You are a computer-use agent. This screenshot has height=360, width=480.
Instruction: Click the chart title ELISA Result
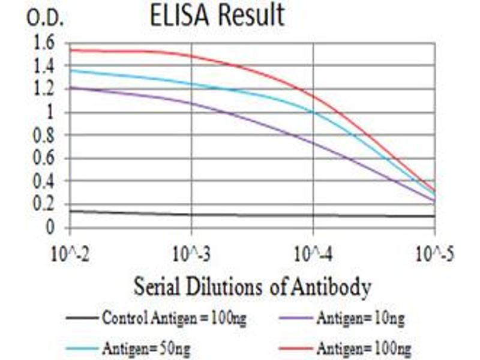click(217, 16)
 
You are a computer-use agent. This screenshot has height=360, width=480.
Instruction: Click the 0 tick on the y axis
click(50, 227)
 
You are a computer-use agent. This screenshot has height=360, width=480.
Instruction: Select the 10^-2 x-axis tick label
click(70, 254)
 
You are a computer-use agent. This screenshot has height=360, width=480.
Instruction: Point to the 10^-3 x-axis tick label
click(191, 254)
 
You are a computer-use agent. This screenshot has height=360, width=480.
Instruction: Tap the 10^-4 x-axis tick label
click(313, 254)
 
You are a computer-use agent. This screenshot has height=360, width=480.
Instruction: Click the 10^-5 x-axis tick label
click(434, 254)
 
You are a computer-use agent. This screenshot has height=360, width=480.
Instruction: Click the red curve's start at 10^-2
click(71, 50)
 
